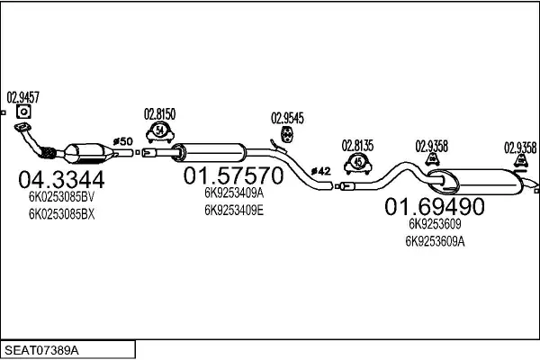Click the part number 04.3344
[x=61, y=179]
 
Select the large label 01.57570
[x=233, y=175]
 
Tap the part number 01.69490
[x=435, y=206]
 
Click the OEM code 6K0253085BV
[x=61, y=197]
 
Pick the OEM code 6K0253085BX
[x=61, y=214]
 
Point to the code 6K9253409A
[x=234, y=193]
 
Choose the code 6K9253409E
[x=234, y=210]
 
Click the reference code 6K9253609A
[x=435, y=241]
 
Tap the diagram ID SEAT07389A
[x=41, y=350]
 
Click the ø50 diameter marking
[x=123, y=141]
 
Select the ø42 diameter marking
[x=320, y=171]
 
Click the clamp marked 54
[x=160, y=132]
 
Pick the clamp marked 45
[x=358, y=163]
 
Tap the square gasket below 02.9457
[x=23, y=112]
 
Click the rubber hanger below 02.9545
[x=287, y=134]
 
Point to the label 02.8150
[x=160, y=114]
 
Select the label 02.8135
[x=357, y=146]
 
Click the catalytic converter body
[x=89, y=154]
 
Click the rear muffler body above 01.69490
[x=475, y=182]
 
